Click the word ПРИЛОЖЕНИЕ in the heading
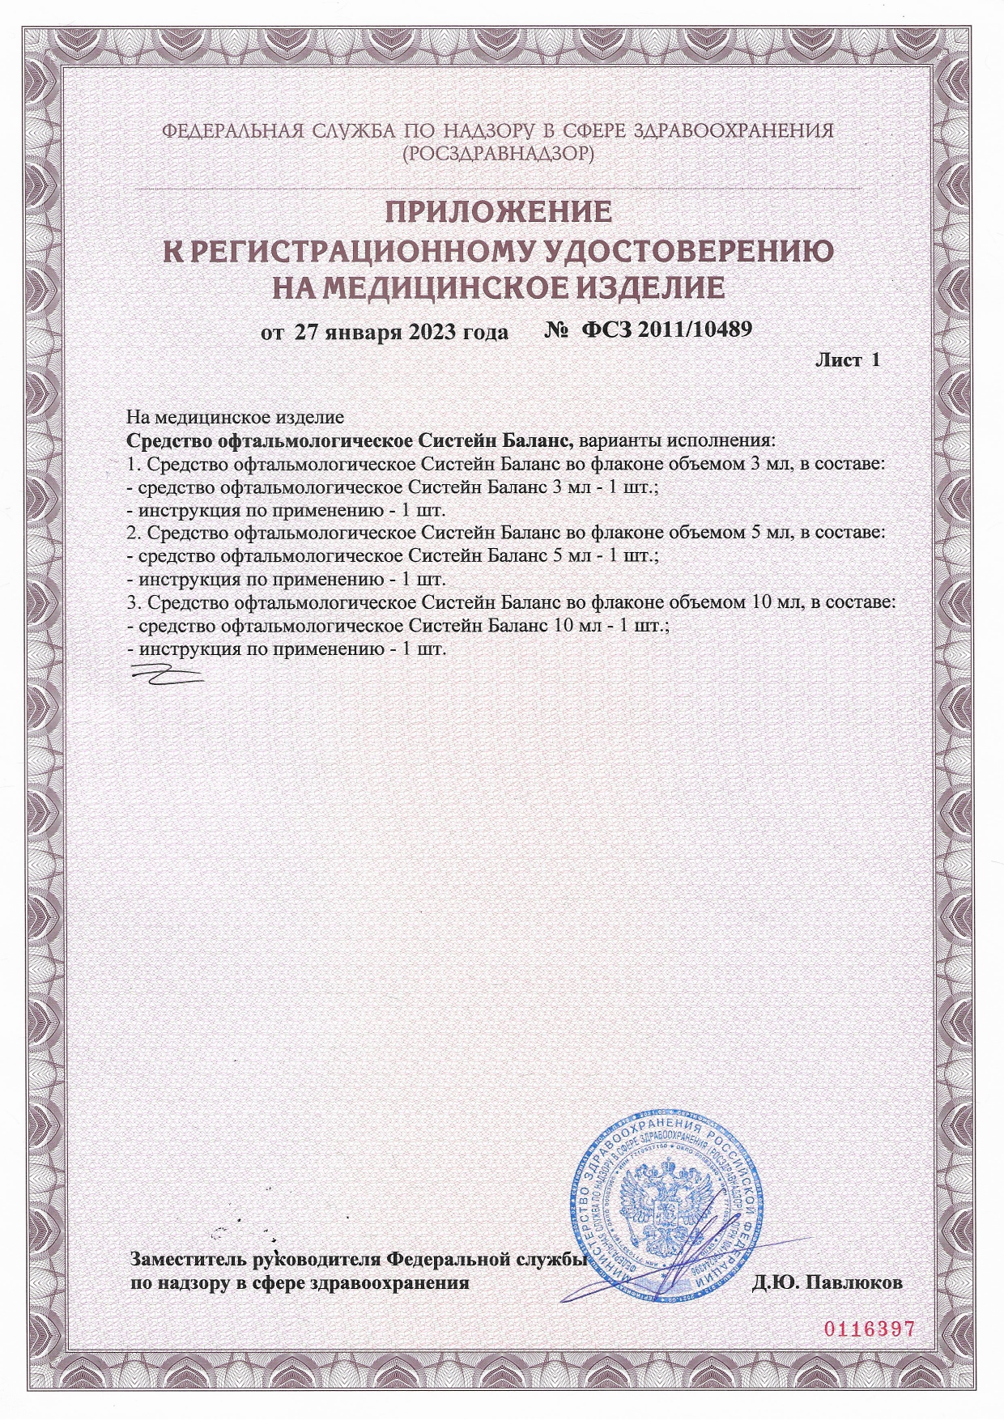coord(497,212)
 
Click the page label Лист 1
coord(846,361)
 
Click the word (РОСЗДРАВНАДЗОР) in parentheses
coord(498,153)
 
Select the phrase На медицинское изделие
coord(236,418)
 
